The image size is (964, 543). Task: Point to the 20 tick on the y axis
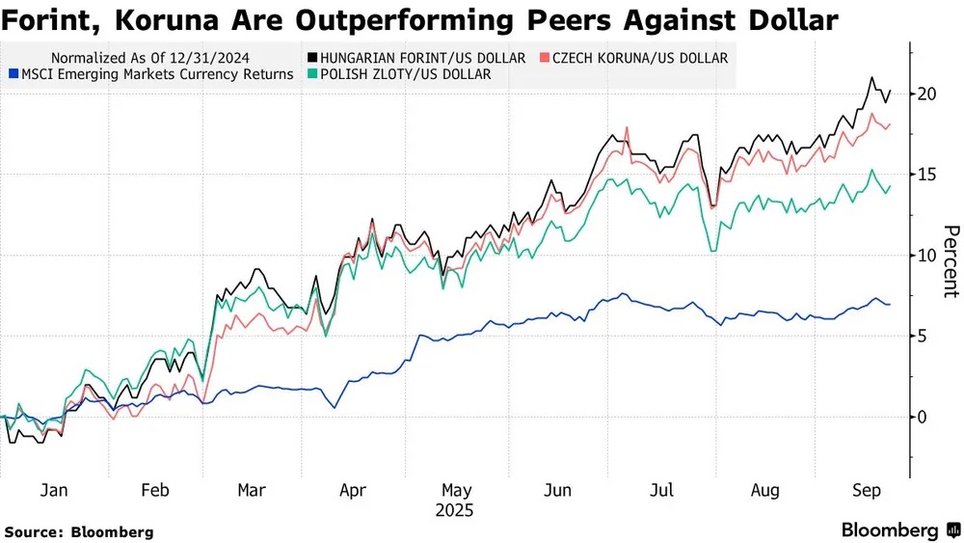pos(928,94)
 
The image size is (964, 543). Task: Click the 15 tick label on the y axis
pos(928,175)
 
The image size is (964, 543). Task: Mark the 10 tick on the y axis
pos(928,256)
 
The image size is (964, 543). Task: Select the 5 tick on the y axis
pos(924,336)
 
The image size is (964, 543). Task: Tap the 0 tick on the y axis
pos(924,417)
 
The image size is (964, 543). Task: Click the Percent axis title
pos(951,260)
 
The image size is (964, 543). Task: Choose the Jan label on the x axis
pos(54,489)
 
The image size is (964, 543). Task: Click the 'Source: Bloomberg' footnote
pos(79,531)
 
